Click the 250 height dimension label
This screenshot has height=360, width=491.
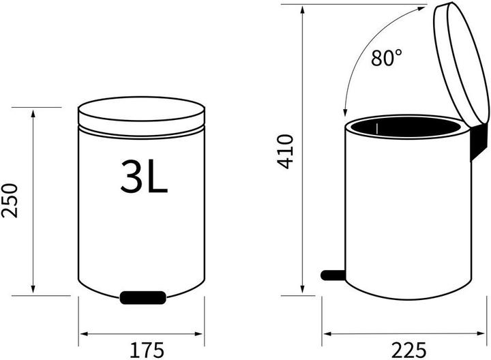click(10, 200)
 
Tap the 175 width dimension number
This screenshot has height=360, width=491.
click(147, 350)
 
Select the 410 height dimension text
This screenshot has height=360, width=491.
click(285, 152)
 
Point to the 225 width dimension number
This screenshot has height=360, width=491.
click(408, 350)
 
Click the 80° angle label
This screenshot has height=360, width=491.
click(387, 57)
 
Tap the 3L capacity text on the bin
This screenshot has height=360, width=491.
click(144, 176)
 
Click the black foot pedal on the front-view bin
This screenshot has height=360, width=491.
click(143, 297)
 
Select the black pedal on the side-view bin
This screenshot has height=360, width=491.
click(333, 275)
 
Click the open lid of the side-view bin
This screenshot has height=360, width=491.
click(460, 63)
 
